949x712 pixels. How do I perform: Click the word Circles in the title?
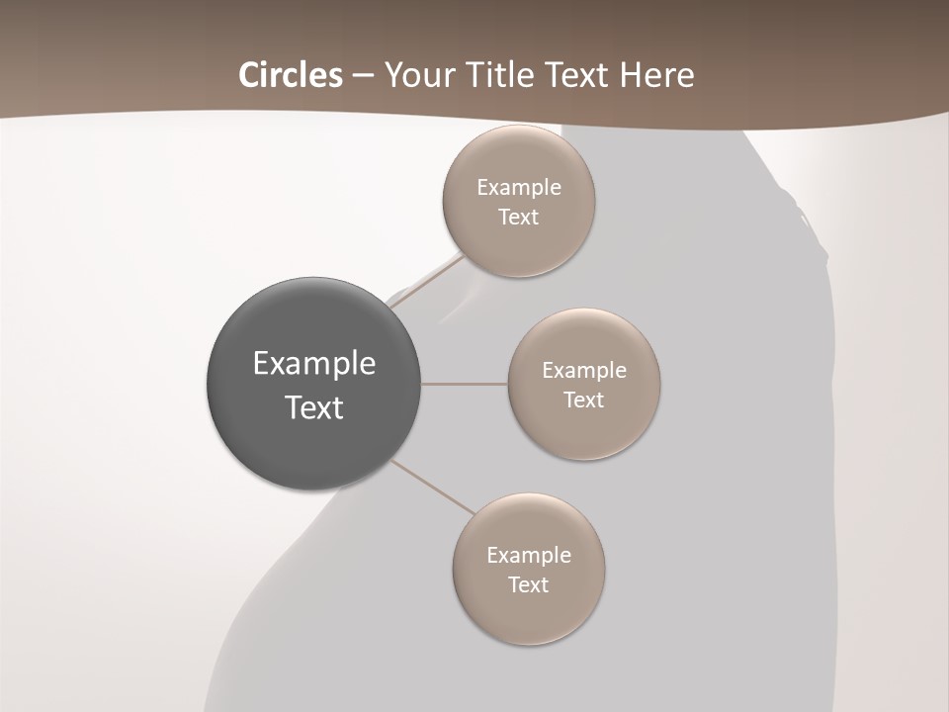click(x=291, y=75)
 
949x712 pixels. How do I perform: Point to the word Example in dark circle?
click(x=314, y=364)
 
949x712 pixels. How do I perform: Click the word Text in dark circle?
click(x=314, y=407)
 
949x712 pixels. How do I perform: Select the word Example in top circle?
click(x=518, y=188)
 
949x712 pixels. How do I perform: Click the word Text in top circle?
click(x=518, y=218)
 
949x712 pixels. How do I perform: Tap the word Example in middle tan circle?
click(x=583, y=371)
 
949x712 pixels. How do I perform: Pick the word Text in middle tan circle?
click(x=583, y=400)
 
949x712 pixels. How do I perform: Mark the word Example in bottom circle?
click(x=528, y=556)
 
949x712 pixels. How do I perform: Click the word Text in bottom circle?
click(x=528, y=585)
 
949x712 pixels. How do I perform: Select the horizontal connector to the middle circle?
click(x=465, y=384)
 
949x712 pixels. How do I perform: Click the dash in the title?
click(x=362, y=76)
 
